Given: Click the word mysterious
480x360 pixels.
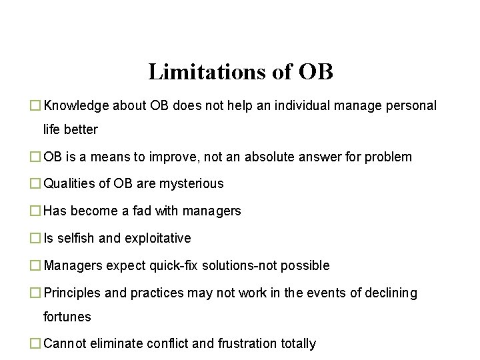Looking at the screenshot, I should pyautogui.click(x=190, y=183).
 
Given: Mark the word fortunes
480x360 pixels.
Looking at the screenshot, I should pyautogui.click(x=67, y=317).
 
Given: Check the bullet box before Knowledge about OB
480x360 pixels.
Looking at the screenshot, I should pyautogui.click(x=35, y=105).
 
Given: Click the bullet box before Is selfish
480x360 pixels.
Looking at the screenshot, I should pyautogui.click(x=35, y=238).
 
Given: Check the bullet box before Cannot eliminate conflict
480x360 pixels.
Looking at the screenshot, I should pyautogui.click(x=35, y=344).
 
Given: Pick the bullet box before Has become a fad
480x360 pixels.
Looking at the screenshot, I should pyautogui.click(x=35, y=211).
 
